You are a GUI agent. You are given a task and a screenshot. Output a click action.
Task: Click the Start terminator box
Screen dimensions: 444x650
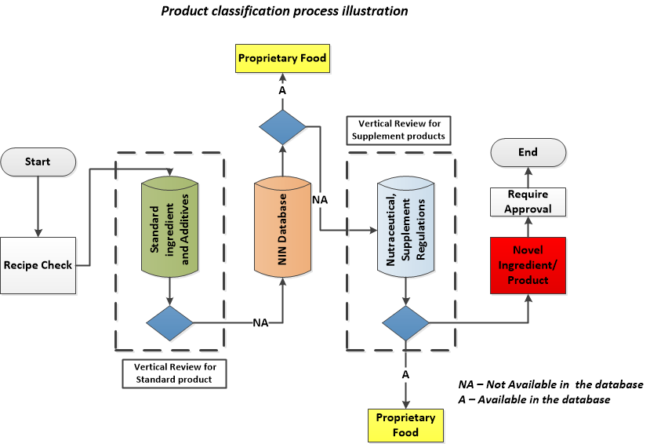pos(38,162)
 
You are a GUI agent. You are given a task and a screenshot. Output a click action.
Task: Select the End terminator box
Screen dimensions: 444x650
pos(528,151)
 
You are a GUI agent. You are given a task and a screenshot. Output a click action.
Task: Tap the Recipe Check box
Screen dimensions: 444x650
pos(38,265)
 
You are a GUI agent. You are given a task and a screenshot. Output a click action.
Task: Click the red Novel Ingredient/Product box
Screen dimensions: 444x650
pos(528,266)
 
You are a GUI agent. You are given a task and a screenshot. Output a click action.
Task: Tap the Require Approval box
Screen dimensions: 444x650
pos(528,202)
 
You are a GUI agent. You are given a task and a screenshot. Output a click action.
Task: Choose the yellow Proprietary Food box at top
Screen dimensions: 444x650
pos(282,58)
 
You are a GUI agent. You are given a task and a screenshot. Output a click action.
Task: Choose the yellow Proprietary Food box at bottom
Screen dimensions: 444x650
pos(405,424)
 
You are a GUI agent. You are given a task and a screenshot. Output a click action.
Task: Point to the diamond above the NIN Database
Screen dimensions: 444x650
pos(282,126)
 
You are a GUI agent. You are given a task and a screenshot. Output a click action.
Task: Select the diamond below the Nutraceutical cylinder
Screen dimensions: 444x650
pos(405,322)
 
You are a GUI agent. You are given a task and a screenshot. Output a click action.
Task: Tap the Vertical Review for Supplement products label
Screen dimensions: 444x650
pos(398,130)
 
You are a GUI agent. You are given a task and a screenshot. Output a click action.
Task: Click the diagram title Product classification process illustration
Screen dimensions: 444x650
pos(285,11)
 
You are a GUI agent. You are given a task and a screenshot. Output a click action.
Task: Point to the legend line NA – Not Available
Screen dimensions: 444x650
pos(550,385)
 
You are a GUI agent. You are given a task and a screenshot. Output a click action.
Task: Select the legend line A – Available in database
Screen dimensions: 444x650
pos(534,400)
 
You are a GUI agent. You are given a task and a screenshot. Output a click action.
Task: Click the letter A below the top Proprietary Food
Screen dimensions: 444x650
pos(282,90)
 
